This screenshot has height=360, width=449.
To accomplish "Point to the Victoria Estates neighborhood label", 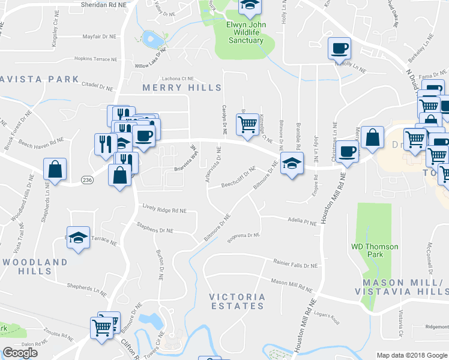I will pos(237,301).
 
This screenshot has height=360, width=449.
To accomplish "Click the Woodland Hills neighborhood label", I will pos(35,266).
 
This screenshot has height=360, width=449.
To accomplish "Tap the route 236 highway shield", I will pos(87,179).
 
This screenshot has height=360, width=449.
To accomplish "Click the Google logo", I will pos(20,353).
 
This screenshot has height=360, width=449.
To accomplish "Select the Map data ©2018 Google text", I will pos(411,355).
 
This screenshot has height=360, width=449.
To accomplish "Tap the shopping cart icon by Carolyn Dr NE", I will pos(247,124).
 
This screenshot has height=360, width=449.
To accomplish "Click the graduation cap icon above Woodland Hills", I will pos(78,238).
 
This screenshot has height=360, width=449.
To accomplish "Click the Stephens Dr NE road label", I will pos(154,230).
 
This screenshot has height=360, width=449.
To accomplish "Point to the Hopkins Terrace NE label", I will pos(98,59).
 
